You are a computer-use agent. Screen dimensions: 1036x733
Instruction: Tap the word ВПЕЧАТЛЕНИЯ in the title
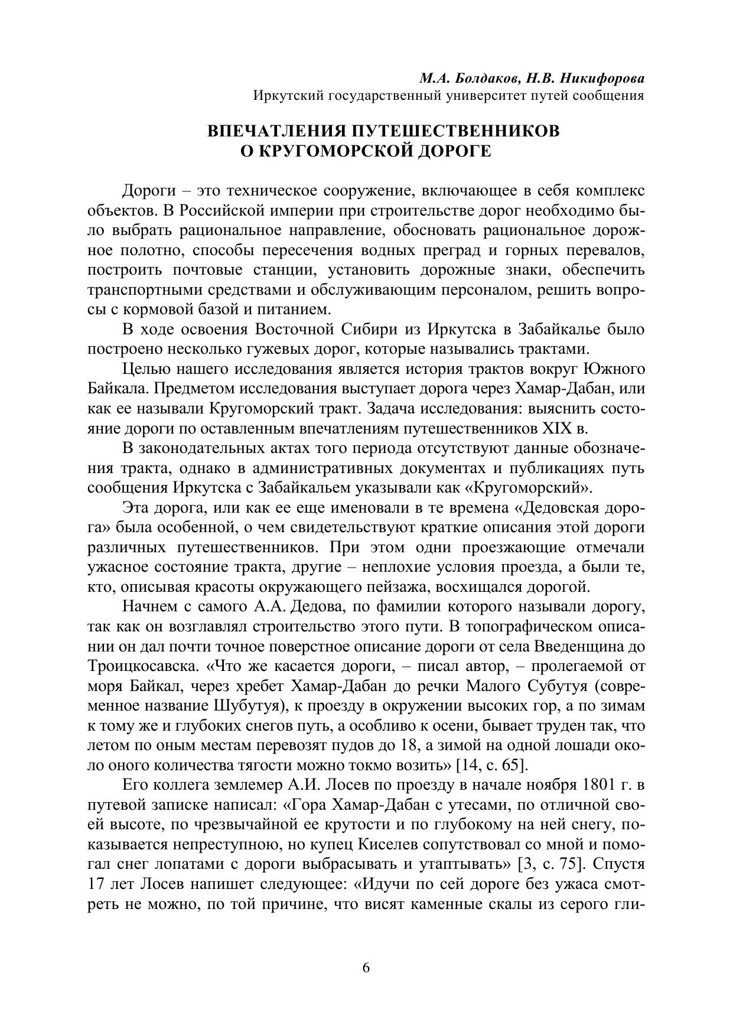tap(275, 131)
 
